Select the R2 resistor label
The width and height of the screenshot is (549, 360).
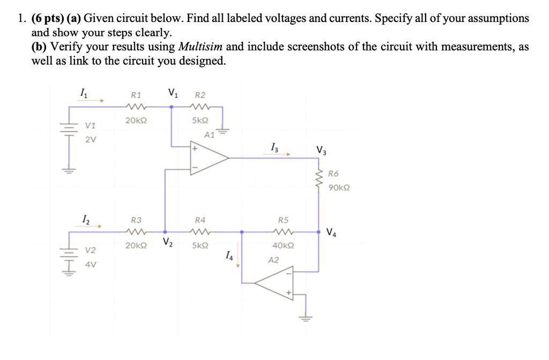pos(199,94)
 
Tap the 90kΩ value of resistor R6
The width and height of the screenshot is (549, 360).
pos(339,188)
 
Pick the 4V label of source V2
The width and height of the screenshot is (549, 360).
pos(91,264)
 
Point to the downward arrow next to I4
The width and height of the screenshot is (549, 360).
pos(238,262)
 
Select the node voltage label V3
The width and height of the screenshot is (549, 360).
pos(320,151)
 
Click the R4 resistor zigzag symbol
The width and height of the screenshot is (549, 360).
pos(199,232)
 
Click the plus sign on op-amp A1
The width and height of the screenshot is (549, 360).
pos(195,149)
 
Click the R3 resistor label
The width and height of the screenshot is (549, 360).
pos(136,220)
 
